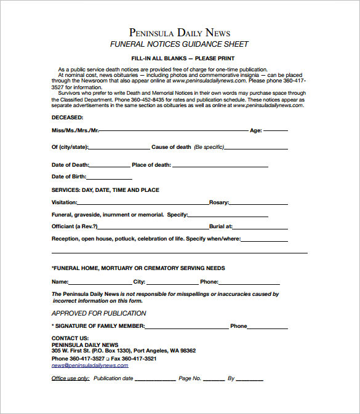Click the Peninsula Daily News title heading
point(180,32)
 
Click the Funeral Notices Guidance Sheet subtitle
point(179,44)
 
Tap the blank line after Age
point(276,130)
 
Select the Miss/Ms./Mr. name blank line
point(174,130)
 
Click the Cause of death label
point(171,148)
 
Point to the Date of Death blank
point(110,165)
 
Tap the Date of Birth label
point(68,177)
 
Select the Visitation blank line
point(142,202)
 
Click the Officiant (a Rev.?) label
point(74,226)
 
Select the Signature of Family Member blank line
point(185,327)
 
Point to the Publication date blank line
point(154,379)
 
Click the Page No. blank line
point(214,379)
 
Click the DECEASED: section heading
point(67,117)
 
